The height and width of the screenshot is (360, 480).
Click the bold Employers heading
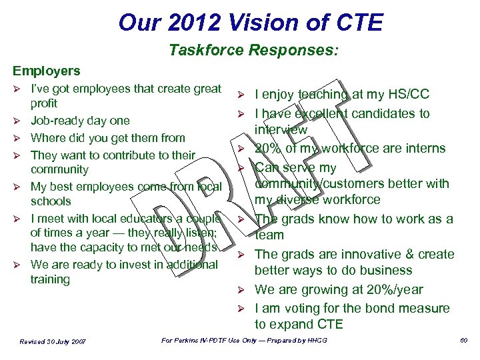tap(44, 71)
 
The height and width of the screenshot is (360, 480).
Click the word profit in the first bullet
tap(44, 103)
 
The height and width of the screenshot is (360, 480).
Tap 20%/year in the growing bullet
tap(393, 289)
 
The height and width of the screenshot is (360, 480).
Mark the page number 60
tap(464, 341)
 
